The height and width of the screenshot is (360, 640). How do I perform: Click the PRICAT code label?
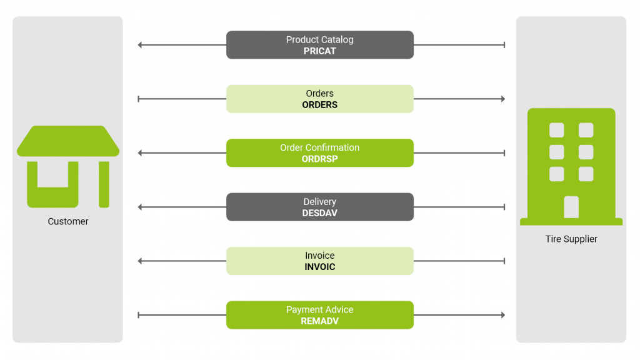pos(319,51)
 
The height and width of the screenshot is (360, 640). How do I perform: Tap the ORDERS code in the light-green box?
pos(319,105)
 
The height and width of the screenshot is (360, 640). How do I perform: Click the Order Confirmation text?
pos(319,147)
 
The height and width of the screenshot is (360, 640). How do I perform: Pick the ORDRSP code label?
pos(319,159)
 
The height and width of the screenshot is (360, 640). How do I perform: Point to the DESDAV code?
pos(319,213)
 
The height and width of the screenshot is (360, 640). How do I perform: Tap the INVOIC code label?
pos(319,267)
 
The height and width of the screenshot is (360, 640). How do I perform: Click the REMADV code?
pos(319,321)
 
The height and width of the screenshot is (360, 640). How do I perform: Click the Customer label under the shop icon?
pos(68,221)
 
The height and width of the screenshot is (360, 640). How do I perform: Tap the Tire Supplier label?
pos(571,239)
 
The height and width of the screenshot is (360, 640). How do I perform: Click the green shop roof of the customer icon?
pos(68,141)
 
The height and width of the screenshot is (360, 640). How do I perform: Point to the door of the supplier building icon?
pos(571,207)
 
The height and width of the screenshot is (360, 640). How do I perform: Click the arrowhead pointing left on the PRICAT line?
pos(140,45)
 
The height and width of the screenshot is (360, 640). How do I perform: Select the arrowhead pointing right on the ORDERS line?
pos(502,99)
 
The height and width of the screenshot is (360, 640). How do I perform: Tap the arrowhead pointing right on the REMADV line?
pos(502,315)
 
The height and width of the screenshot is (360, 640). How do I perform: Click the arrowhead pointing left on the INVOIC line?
pos(140,261)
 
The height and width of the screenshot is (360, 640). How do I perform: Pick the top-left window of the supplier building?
pos(556,130)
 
